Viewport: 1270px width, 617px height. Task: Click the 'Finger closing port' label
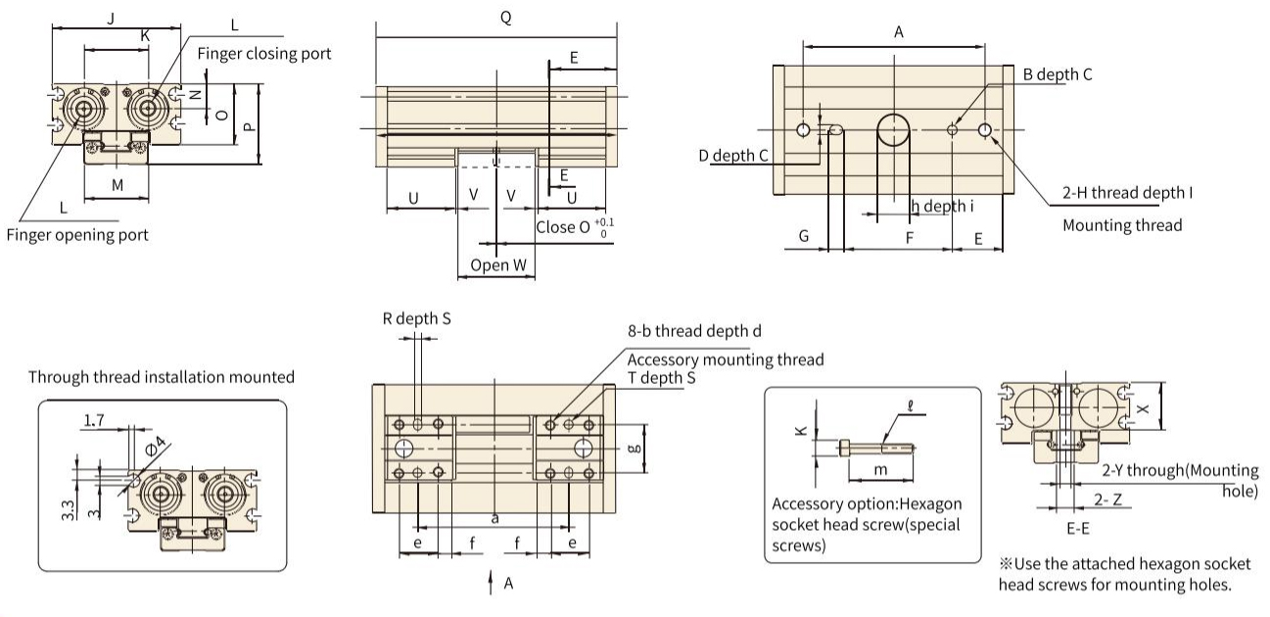click(264, 53)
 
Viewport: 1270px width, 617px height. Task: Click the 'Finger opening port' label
click(77, 235)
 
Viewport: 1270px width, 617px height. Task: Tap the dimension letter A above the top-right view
click(898, 32)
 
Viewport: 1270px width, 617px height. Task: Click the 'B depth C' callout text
click(1057, 74)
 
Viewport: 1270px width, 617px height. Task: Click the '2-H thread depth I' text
click(1127, 193)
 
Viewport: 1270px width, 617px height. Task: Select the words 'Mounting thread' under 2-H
click(1122, 225)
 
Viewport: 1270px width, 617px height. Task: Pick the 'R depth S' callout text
click(417, 318)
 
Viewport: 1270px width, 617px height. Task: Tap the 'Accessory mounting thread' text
click(726, 359)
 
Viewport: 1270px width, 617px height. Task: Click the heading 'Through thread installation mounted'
click(162, 377)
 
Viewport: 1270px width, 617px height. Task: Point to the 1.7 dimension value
click(94, 421)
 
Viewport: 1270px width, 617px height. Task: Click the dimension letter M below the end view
click(118, 184)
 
